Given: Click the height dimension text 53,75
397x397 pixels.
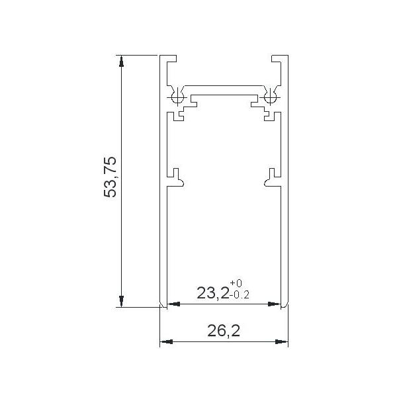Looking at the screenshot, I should pyautogui.click(x=110, y=177).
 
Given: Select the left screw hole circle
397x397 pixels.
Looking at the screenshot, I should pyautogui.click(x=177, y=98).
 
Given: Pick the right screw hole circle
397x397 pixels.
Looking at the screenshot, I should pyautogui.click(x=269, y=98).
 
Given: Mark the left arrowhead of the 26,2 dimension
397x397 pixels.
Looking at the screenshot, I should pyautogui.click(x=165, y=342).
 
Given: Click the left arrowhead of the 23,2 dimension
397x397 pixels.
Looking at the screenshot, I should pyautogui.click(x=171, y=304).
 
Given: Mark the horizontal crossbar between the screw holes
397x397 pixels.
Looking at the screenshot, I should pyautogui.click(x=223, y=87).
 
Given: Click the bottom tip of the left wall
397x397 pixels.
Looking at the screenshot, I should pyautogui.click(x=162, y=306).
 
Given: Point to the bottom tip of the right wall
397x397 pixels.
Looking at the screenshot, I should pyautogui.click(x=285, y=306).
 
